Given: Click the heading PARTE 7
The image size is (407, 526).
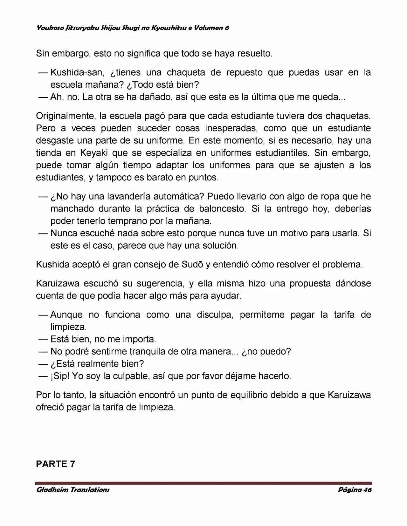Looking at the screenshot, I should [55, 464].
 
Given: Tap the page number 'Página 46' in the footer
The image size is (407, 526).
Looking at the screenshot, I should [355, 489].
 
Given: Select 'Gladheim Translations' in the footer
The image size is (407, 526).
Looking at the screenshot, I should [73, 489].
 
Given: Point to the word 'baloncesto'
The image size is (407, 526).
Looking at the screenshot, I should [222, 209].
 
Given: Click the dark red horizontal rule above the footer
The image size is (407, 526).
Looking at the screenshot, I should [203, 482].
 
